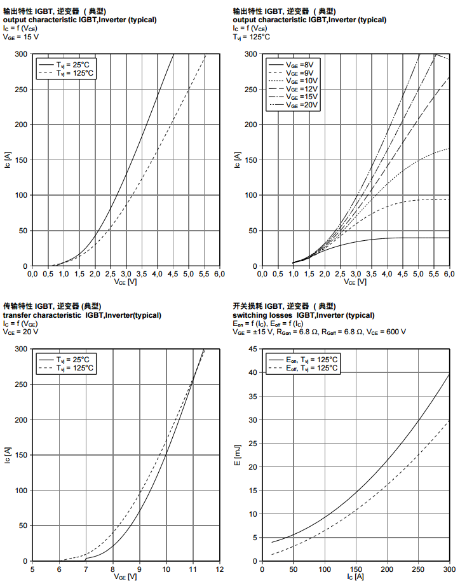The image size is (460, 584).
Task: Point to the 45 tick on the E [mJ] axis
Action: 252,349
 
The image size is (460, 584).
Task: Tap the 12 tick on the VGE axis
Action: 219,569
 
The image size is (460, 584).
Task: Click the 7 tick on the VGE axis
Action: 86,569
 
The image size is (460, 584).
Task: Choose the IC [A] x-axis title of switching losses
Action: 356,577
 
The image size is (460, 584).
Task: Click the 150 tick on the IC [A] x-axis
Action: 356,569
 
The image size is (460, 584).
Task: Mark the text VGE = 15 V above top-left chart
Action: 21,37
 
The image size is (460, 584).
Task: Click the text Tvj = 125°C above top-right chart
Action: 251,37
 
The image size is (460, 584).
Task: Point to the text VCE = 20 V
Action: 21,332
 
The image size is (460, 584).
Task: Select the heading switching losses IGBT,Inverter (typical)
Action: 310,315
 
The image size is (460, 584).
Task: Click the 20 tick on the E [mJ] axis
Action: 252,467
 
